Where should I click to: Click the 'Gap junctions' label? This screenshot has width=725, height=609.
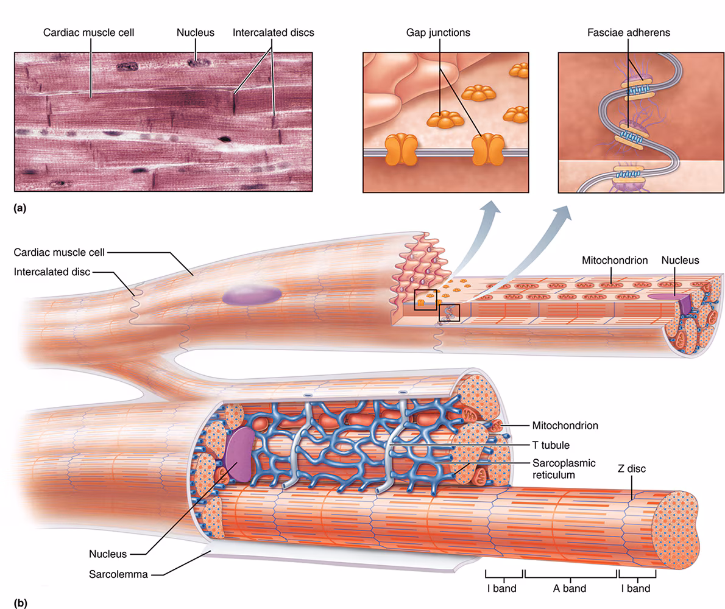tap(439, 32)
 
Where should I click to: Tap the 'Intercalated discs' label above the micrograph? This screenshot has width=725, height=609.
tap(273, 32)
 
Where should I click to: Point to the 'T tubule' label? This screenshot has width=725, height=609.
tap(551, 445)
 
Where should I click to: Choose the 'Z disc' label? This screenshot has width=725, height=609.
tap(631, 469)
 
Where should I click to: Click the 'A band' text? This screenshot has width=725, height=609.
tap(570, 588)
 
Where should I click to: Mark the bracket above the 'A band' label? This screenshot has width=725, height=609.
tap(571, 574)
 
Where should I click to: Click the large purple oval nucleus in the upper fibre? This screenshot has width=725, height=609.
tap(252, 295)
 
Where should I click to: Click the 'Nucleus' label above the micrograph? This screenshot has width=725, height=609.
tap(195, 32)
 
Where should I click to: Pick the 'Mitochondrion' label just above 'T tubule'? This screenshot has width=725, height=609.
tap(565, 426)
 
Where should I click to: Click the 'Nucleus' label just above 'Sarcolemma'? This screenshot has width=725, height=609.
tap(108, 554)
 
